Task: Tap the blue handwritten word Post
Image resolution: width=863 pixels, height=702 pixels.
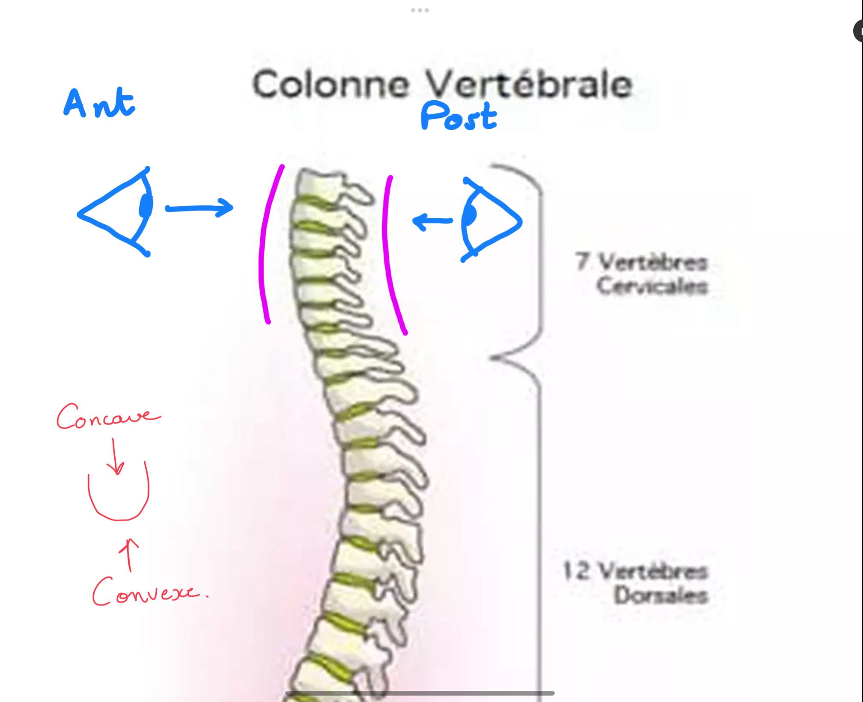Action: pos(458,116)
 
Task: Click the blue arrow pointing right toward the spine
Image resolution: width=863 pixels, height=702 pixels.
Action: pos(199,208)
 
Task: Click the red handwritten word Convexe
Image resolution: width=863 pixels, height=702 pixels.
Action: pos(146,592)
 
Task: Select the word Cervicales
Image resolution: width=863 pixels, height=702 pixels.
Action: pos(652,286)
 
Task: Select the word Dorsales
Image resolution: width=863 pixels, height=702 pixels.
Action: pos(661,595)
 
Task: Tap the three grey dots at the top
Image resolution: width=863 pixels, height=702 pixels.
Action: pos(420,10)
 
